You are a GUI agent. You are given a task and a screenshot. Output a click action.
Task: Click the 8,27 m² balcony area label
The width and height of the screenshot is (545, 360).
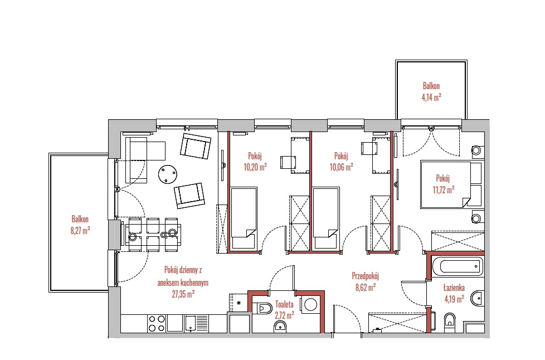80,231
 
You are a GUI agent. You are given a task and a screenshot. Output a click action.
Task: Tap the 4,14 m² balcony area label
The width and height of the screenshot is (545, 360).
431,98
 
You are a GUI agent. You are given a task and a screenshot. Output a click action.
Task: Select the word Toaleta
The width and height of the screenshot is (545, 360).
284,304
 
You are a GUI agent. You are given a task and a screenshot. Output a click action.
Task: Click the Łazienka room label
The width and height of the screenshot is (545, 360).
454,288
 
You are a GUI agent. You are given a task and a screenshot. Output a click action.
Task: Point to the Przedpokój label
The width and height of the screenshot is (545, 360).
366,276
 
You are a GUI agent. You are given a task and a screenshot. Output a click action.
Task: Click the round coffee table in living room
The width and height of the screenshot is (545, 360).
168,174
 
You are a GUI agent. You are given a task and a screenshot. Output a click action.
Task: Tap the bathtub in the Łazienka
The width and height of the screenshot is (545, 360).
458,267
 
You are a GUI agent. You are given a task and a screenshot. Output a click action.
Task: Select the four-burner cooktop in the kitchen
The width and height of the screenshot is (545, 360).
157,324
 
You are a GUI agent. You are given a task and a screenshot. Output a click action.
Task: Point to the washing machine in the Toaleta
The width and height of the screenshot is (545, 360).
310,305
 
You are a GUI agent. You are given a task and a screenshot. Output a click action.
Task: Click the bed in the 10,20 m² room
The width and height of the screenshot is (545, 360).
244,218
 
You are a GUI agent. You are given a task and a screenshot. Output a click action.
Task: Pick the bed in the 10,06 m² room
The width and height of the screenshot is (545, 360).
325,218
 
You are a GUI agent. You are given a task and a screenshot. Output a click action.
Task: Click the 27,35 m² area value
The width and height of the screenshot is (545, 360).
183,294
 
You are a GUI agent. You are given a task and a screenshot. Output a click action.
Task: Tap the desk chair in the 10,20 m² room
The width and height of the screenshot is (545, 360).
288,162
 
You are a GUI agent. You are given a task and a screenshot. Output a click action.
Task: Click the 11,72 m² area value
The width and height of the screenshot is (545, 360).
444,189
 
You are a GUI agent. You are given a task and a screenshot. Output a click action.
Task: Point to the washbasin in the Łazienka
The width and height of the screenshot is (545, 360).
477,298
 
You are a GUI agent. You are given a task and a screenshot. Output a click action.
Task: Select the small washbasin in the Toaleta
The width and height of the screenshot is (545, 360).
280,327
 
